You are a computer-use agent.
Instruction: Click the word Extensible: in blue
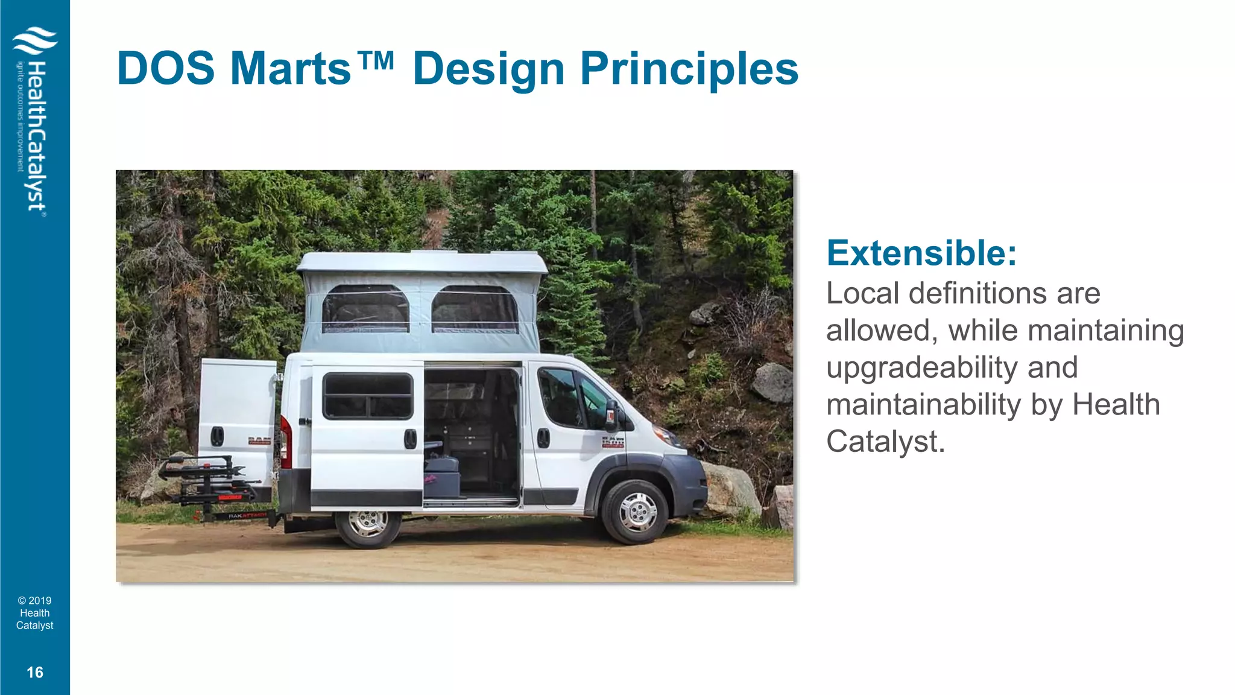921,253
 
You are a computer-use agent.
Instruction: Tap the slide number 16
35,672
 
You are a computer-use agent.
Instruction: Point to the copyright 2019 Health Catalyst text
35,613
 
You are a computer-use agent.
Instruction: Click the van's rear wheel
368,522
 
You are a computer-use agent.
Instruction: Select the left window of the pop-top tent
365,310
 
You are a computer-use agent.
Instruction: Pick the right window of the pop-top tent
475,310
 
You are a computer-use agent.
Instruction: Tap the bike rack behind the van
208,483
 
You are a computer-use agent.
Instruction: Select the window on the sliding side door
368,396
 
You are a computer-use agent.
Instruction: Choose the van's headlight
668,434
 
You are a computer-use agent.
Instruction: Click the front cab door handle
543,438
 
